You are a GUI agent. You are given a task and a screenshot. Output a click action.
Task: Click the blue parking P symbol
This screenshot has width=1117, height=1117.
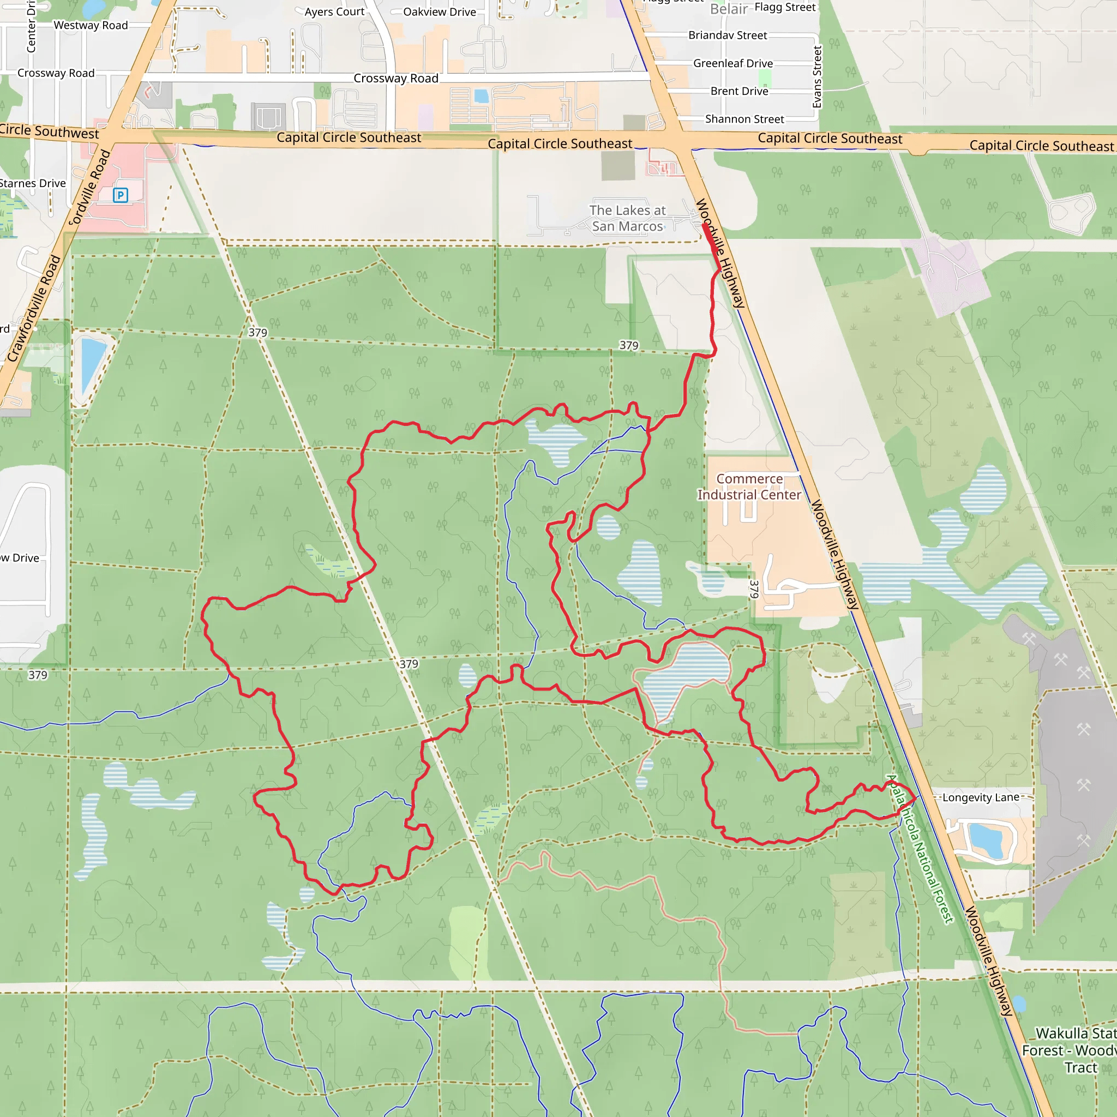point(120,195)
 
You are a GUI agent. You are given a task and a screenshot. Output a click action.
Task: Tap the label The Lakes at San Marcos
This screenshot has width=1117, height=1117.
point(627,219)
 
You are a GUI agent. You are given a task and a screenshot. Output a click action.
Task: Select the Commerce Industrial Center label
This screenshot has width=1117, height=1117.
point(749,487)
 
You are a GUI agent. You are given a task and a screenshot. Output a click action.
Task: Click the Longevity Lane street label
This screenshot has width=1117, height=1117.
point(981,798)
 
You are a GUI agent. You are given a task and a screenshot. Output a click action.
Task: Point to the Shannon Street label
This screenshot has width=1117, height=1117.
point(744,119)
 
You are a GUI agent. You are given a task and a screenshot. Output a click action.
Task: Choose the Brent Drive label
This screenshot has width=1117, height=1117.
point(740,91)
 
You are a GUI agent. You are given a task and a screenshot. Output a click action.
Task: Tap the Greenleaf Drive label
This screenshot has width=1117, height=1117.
point(733,64)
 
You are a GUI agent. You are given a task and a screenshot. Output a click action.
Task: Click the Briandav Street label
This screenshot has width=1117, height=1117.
point(728,35)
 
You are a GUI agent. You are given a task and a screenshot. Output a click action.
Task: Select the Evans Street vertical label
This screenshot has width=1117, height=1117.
point(817,77)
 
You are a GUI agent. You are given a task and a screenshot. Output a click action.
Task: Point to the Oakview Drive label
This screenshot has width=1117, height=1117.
point(440,12)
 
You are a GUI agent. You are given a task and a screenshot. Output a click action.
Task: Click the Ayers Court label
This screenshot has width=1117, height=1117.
point(334,11)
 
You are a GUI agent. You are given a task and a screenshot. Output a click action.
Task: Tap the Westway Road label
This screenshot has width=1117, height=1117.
point(91,26)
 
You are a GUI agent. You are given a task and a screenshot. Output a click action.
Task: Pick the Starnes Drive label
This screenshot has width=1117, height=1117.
point(33,183)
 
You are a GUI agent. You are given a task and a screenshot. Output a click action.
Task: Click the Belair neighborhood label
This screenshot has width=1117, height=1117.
point(729,9)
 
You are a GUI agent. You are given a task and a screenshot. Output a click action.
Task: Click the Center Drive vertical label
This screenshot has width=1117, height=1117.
point(31,27)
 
